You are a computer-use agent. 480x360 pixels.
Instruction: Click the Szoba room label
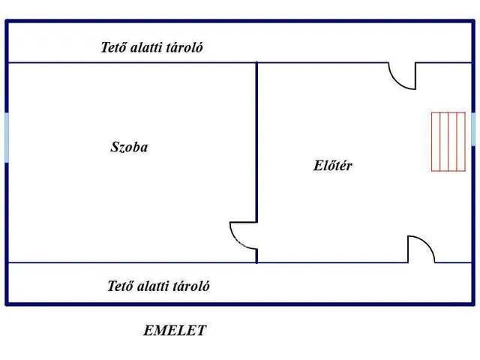pos(129,147)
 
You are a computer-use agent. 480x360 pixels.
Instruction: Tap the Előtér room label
pos(332,165)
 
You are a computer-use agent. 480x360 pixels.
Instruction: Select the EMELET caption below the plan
pos(175,331)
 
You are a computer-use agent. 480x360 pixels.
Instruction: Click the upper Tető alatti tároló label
pos(151,47)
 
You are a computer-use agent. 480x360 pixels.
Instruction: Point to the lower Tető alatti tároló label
pos(158,286)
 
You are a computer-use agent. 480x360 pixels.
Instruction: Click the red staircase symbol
pos(448,142)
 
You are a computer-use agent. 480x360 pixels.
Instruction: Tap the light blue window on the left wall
pos(7,137)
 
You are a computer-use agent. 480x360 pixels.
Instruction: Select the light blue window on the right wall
pos(473,129)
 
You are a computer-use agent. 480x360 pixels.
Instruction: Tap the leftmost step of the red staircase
pos(436,142)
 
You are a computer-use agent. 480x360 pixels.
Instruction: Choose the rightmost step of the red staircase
pos(461,142)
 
